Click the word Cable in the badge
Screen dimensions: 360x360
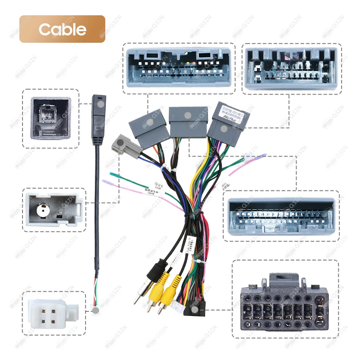(62, 29)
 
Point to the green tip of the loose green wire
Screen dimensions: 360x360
(113, 175)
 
